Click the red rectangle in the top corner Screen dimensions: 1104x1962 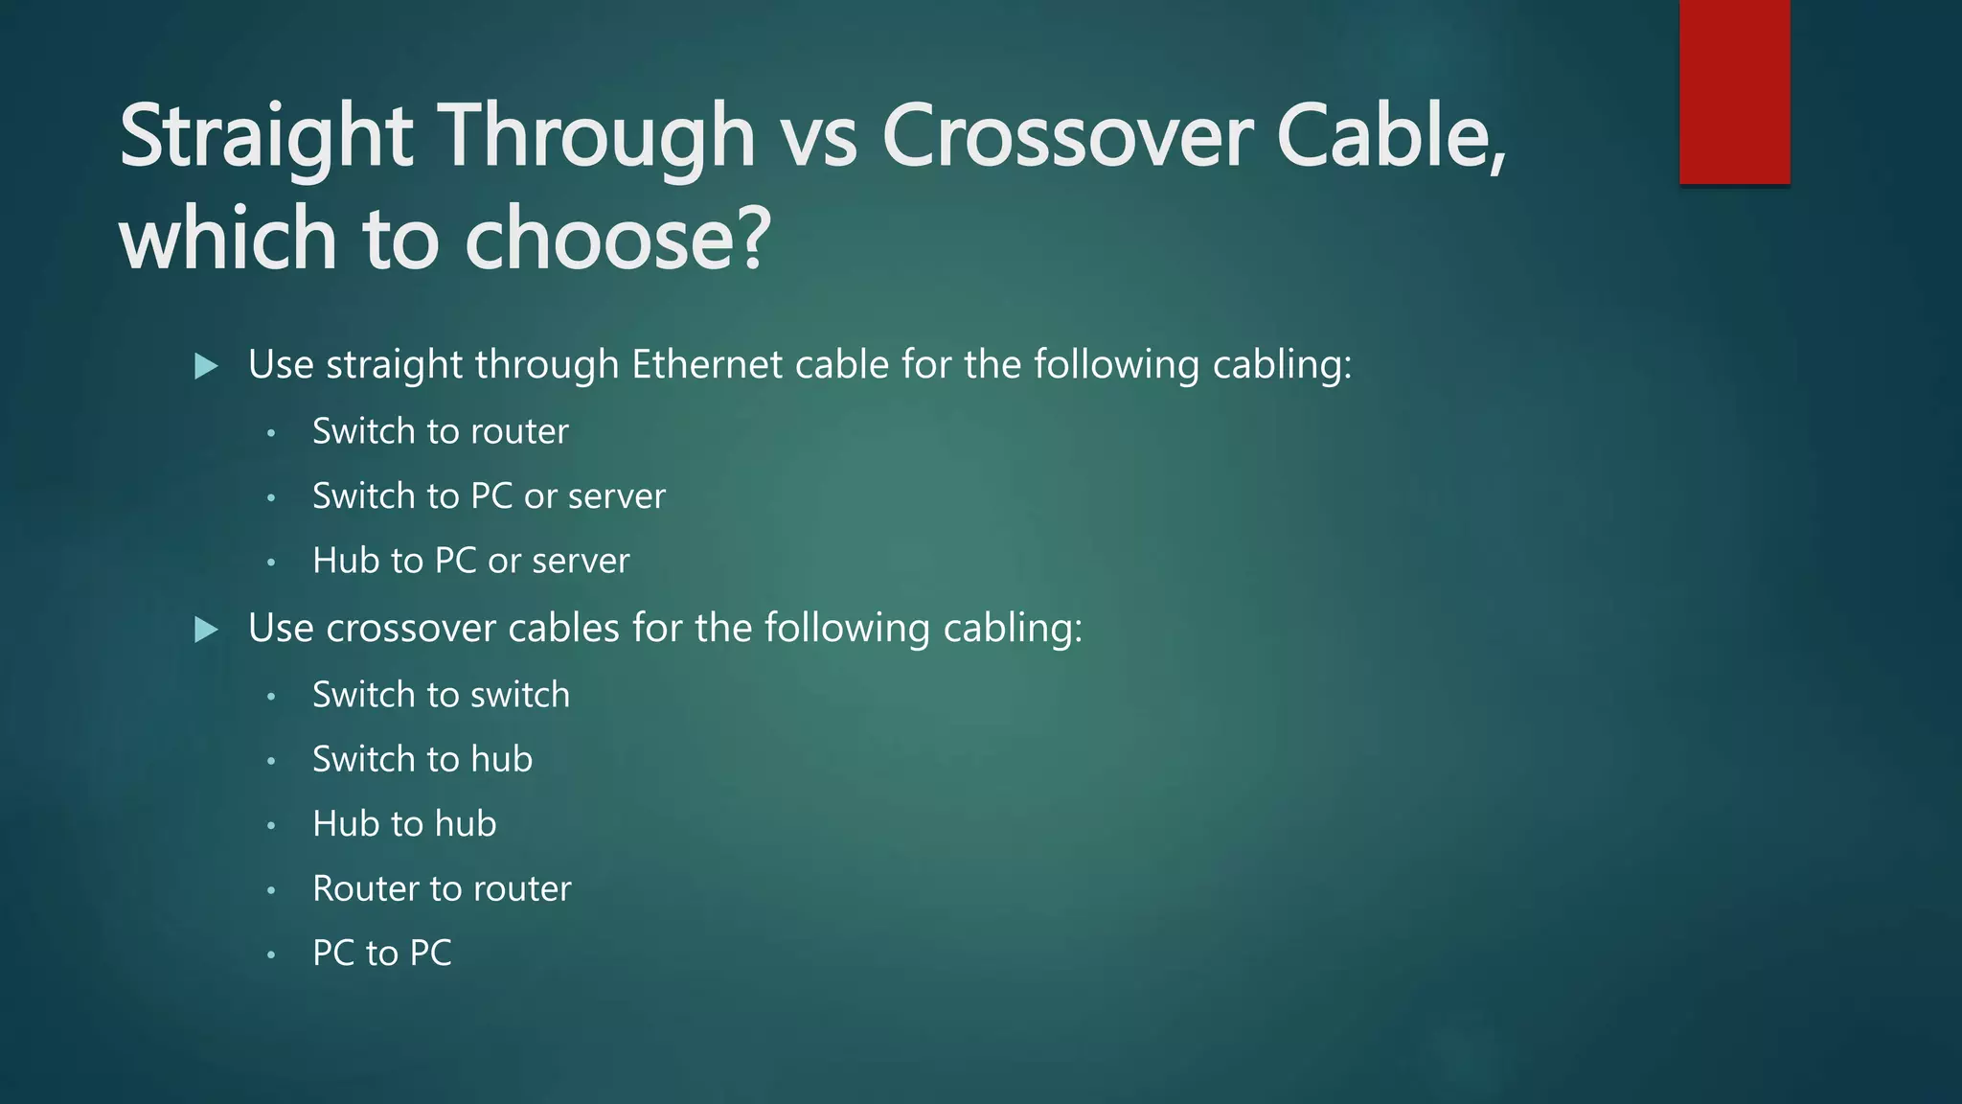click(1734, 91)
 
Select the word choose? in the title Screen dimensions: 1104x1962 click(618, 238)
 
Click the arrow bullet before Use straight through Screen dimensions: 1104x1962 click(206, 365)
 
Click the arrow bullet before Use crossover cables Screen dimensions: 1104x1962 click(206, 630)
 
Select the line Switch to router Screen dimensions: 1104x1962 click(441, 431)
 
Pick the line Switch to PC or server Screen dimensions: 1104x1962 click(489, 496)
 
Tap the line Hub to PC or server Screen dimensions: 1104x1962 click(471, 561)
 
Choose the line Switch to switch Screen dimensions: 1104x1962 click(441, 695)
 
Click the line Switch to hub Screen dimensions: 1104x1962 click(422, 759)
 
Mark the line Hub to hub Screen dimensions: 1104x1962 click(404, 824)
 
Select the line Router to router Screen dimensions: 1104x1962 click(442, 888)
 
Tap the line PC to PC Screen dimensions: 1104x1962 click(382, 954)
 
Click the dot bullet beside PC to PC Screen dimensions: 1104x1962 click(272, 954)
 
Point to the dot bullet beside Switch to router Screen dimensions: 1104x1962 click(272, 433)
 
